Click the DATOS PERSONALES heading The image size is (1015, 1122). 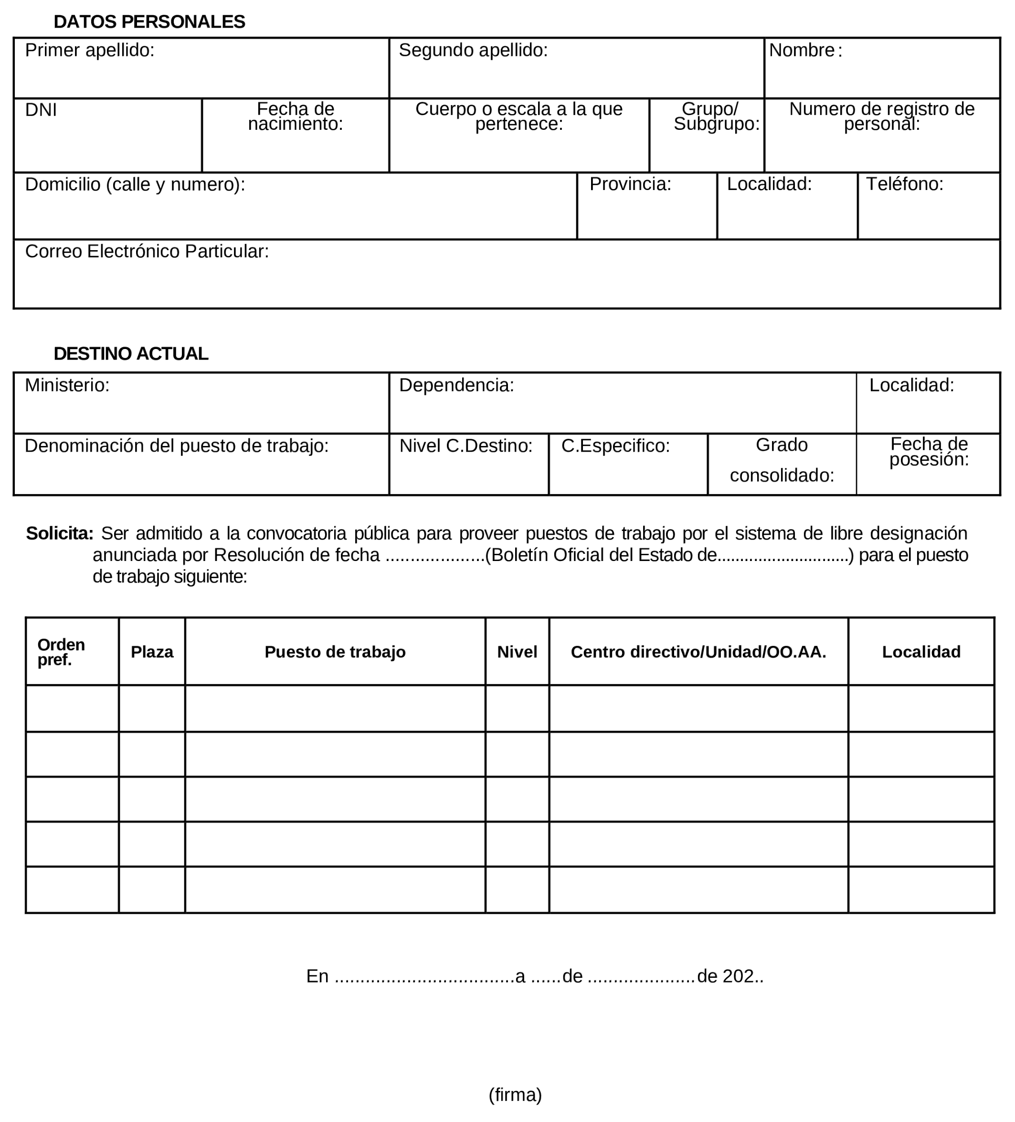coord(149,21)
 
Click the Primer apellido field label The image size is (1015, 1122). coord(90,50)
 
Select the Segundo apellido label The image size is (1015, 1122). coord(473,50)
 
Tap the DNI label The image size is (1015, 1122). coord(41,110)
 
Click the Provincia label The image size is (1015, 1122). coord(630,184)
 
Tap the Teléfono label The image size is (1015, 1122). coord(904,184)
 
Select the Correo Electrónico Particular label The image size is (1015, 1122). coord(147,251)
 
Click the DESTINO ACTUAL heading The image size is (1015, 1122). coord(131,353)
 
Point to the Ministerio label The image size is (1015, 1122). coord(67,384)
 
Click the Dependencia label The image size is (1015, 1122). coord(456,384)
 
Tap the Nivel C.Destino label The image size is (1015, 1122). coord(466,445)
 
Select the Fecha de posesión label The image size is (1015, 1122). coord(929,451)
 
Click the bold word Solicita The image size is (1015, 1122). coord(60,533)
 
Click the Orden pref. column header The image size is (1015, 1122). coord(61,652)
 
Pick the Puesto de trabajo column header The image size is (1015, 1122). coord(335,652)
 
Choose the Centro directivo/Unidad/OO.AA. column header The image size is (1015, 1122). coord(698,652)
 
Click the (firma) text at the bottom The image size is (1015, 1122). coord(515,1094)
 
